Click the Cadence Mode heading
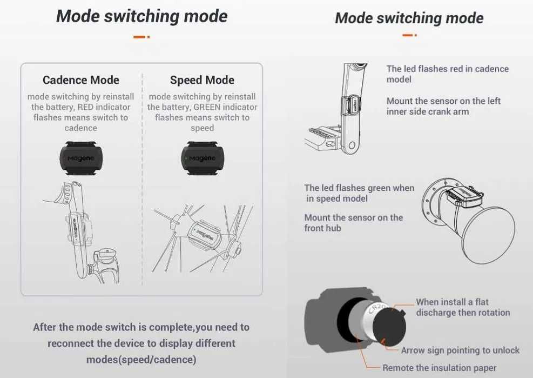(81, 80)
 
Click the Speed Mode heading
(203, 80)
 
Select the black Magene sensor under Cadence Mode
(81, 158)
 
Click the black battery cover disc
(389, 325)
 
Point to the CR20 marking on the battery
(377, 309)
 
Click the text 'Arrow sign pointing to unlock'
(460, 350)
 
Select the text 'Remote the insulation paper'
(439, 368)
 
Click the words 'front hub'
(322, 228)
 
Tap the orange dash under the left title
(141, 37)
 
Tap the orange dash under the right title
(410, 35)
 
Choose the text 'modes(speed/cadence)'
(141, 360)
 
